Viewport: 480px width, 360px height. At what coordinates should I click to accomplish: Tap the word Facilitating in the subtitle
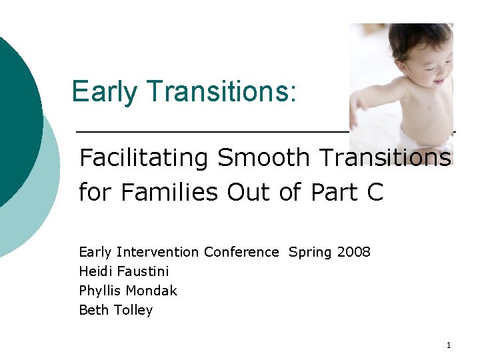144,158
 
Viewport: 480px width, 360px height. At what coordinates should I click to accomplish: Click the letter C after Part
375,192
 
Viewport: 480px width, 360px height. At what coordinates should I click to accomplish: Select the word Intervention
157,252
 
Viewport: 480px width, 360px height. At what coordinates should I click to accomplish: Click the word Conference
241,252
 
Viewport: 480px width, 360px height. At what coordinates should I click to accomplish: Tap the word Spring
311,252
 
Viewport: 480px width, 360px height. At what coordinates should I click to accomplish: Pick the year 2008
354,252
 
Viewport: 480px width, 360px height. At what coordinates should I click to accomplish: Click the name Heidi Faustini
124,271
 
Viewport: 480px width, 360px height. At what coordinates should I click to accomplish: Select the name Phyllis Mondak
128,291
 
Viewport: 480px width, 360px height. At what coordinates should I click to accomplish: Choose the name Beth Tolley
116,310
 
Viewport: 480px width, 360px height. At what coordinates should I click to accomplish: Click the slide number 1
449,345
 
